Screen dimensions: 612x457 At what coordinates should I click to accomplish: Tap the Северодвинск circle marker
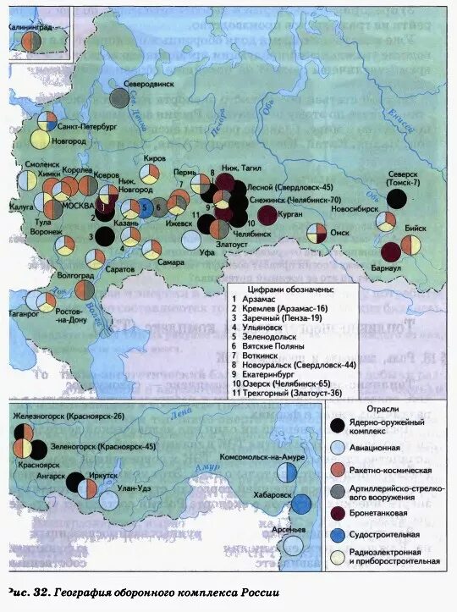click(x=119, y=99)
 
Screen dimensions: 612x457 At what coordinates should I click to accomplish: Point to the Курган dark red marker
click(x=267, y=215)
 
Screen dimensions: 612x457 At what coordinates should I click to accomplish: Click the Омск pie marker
click(x=317, y=233)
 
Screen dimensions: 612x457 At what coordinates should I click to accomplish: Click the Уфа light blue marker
click(x=191, y=240)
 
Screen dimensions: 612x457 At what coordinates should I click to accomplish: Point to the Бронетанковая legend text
click(x=387, y=513)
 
